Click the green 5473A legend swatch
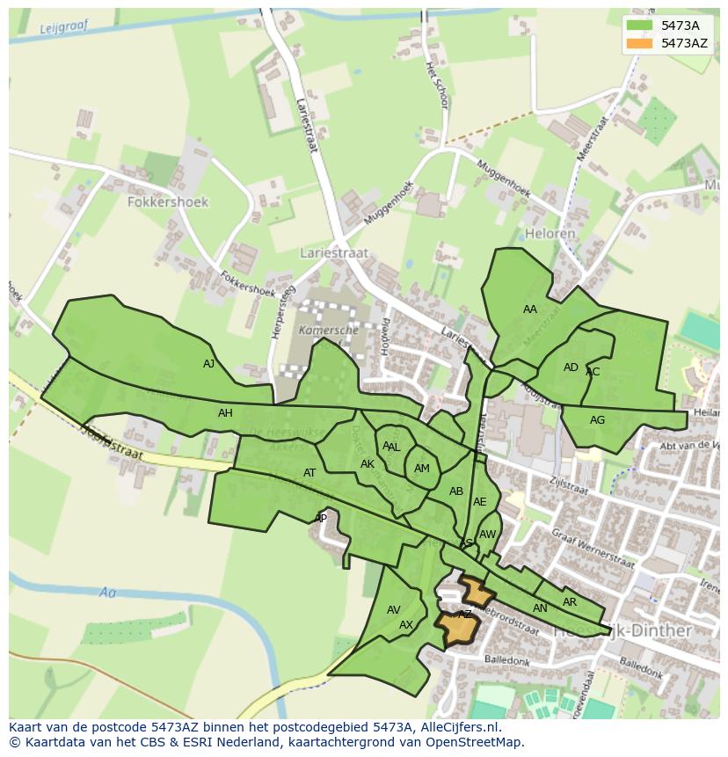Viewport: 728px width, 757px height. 642,25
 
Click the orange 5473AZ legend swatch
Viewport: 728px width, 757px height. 642,43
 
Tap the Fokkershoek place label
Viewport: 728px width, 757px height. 168,201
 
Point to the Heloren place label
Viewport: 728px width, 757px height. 550,234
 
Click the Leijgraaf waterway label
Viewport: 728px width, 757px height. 65,28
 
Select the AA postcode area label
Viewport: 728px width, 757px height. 529,309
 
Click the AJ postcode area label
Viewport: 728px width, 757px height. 208,364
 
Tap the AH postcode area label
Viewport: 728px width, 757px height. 225,413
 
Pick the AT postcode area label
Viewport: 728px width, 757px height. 309,473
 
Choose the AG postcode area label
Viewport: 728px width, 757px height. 597,420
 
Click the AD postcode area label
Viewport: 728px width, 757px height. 571,368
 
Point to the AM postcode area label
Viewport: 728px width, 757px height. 421,469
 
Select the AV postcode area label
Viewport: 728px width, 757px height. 393,610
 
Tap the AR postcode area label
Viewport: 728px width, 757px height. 569,602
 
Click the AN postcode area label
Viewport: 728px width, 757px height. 540,608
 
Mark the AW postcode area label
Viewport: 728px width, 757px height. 488,535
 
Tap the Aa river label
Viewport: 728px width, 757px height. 107,593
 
